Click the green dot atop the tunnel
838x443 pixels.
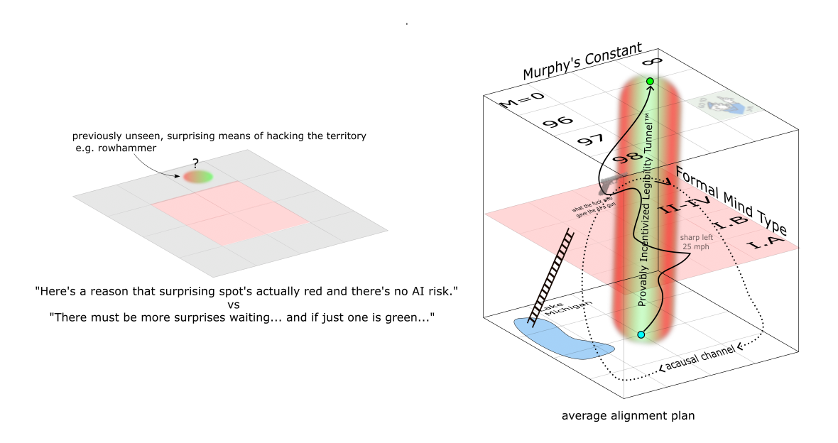click(x=650, y=82)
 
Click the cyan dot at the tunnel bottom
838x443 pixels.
click(x=641, y=334)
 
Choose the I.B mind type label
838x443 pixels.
click(x=729, y=226)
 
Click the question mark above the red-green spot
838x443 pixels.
click(x=195, y=163)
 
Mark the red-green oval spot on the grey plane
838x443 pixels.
click(x=198, y=176)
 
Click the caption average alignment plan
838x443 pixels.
click(x=628, y=416)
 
